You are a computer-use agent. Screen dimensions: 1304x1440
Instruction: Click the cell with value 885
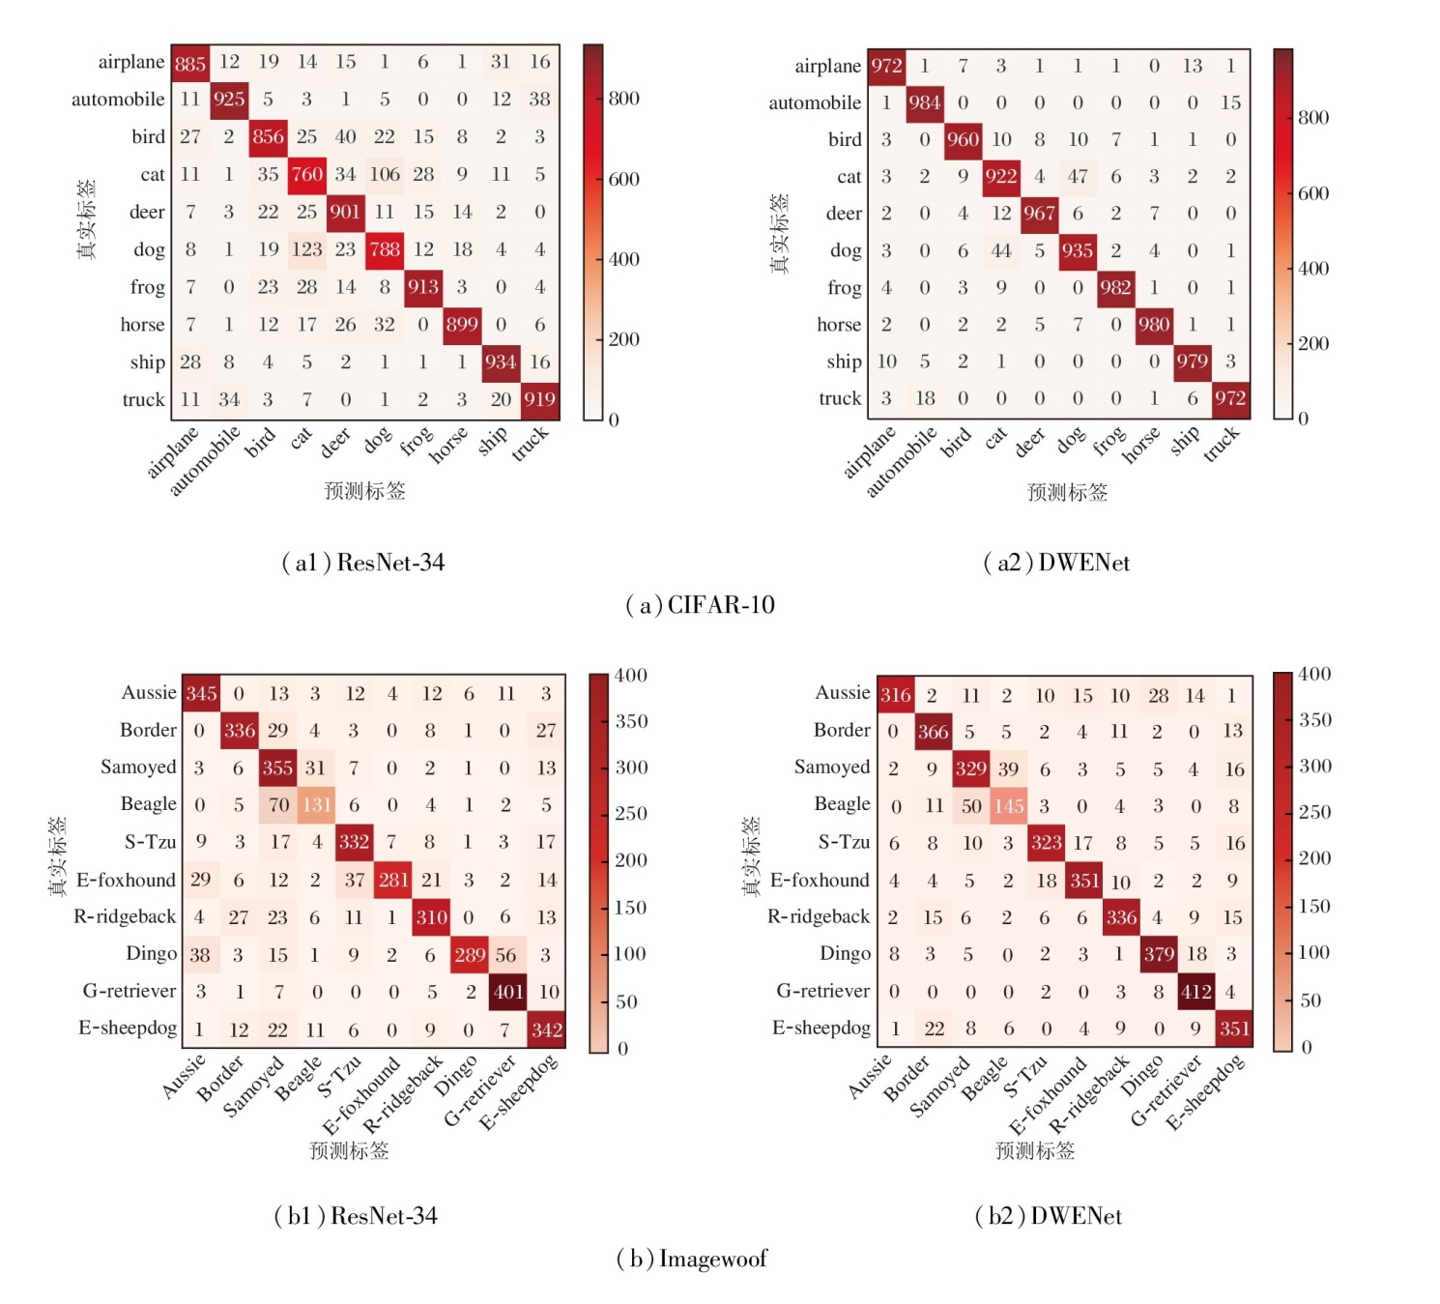[190, 63]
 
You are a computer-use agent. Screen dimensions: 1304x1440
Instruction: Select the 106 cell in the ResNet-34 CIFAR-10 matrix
[385, 175]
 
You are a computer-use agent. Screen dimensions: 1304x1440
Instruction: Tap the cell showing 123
[306, 249]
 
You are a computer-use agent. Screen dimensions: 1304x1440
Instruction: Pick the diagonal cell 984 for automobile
[925, 102]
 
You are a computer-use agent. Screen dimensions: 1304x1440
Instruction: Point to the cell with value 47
[1078, 177]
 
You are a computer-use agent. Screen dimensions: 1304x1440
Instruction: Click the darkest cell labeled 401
[508, 992]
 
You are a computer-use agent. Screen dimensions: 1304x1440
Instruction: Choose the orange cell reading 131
[316, 805]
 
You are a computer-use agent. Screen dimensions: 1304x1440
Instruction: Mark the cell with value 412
[1195, 992]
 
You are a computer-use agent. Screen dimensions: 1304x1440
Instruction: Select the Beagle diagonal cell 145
[1008, 806]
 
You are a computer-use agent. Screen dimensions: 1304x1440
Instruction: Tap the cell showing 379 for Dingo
[1159, 955]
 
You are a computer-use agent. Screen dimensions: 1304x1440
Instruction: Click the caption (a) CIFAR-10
[701, 605]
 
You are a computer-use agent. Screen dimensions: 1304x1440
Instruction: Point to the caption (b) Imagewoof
[692, 1259]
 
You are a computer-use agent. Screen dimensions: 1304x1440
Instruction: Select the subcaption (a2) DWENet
[1056, 563]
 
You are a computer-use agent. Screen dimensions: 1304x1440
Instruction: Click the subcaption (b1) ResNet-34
[356, 1216]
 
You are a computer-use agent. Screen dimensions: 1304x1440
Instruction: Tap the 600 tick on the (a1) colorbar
[624, 179]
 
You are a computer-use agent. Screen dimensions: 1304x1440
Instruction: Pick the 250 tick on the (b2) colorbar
[1314, 812]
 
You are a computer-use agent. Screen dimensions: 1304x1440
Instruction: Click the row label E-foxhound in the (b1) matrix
[126, 881]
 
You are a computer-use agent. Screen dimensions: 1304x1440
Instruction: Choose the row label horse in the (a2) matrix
[839, 325]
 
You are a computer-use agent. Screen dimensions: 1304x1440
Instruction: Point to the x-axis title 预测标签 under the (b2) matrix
[1035, 1150]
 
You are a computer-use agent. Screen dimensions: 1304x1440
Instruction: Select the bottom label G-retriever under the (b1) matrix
[480, 1092]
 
